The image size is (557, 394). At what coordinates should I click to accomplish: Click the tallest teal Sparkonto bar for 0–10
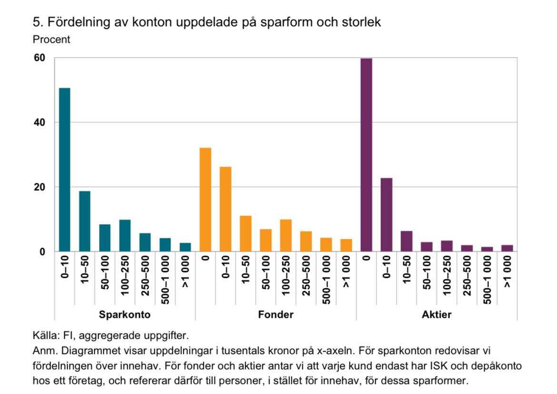coord(65,169)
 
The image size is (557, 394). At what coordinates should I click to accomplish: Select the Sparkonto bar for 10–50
coord(85,221)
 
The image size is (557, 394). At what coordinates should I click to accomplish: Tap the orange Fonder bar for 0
coord(205,199)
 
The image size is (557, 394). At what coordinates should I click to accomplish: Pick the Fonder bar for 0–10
coord(226,209)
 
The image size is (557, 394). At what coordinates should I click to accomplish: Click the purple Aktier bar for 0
coord(366,155)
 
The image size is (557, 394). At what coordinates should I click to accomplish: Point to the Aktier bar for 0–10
coord(386,215)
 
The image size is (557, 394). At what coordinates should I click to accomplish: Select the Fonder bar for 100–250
coord(286,235)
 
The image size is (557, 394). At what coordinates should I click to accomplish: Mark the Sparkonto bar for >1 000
coord(185,247)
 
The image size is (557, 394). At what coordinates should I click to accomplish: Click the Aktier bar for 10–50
coord(407,241)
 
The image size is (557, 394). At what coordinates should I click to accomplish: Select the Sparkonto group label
coord(125,315)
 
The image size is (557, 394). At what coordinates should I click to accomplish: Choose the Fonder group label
coord(276,315)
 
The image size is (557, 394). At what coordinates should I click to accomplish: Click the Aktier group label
coord(437,315)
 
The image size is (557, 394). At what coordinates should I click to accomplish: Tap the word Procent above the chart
coord(51,39)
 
